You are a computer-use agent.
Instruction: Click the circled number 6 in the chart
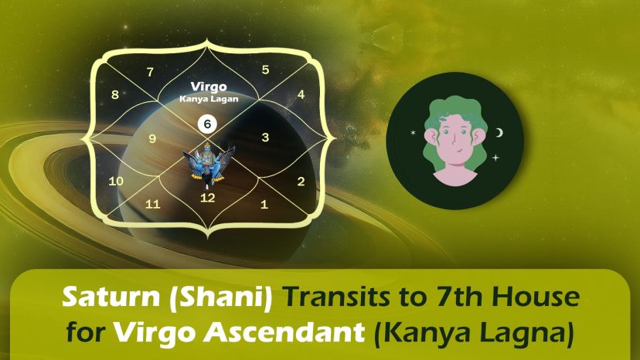[207, 124]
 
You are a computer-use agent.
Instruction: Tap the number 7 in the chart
[150, 73]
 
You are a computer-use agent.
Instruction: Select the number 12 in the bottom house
[208, 198]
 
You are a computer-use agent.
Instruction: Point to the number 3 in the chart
[265, 138]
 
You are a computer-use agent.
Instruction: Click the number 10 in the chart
[116, 181]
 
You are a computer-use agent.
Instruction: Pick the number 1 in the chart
[264, 204]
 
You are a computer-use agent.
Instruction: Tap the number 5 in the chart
[265, 70]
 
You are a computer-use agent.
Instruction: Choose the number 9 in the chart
[152, 139]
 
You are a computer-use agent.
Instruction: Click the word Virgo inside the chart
[209, 87]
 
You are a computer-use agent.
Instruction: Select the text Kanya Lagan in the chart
[209, 99]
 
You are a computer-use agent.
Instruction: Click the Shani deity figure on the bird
[208, 162]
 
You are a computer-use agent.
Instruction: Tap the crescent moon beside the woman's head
[499, 133]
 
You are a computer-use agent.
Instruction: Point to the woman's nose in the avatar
[454, 141]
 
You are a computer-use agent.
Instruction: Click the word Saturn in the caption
[111, 297]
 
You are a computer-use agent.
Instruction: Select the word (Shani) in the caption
[221, 298]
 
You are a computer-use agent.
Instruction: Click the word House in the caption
[540, 297]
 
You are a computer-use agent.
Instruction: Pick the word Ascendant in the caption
[284, 332]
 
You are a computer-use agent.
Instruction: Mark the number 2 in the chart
[301, 182]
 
